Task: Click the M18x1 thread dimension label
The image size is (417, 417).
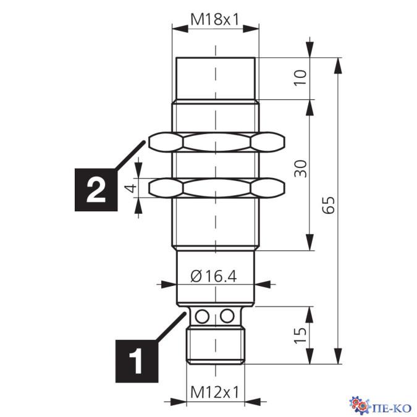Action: pos(215,19)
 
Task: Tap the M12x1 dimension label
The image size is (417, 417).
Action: pos(215,392)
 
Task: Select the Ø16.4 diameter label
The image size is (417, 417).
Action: pos(214,276)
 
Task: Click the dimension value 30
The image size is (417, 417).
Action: pos(300,169)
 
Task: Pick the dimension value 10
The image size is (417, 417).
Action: pos(300,77)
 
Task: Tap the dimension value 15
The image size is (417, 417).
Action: pos(300,335)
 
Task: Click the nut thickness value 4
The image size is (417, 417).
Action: pos(132,188)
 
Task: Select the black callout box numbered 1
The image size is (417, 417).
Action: pos(137,361)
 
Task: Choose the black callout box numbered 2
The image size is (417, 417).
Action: pos(96,190)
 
